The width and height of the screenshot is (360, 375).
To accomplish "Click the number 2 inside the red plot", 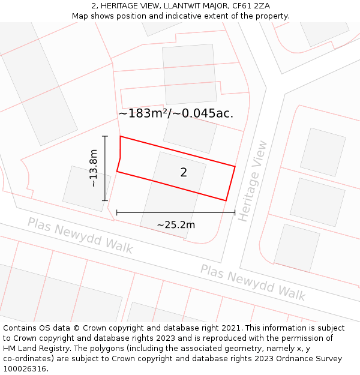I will pyautogui.click(x=184, y=173).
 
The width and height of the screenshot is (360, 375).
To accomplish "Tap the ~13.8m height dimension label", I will pyautogui.click(x=93, y=169).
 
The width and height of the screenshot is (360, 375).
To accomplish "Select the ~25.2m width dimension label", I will pyautogui.click(x=176, y=225).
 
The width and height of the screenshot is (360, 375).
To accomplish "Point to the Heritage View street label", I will pyautogui.click(x=252, y=181).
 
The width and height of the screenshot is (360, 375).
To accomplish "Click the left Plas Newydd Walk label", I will pyautogui.click(x=80, y=235).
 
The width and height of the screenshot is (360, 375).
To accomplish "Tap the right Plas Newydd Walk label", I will pyautogui.click(x=253, y=282).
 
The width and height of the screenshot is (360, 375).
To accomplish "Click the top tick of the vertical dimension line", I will pyautogui.click(x=105, y=136).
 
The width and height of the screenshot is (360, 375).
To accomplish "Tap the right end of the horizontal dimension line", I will pyautogui.click(x=235, y=212).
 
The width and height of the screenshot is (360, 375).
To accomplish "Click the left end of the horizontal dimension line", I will pyautogui.click(x=117, y=212).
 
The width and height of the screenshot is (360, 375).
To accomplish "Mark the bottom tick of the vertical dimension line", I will pyautogui.click(x=105, y=200).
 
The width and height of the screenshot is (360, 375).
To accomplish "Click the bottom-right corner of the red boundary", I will pyautogui.click(x=226, y=200).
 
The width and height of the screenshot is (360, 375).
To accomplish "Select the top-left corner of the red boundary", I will pyautogui.click(x=121, y=137).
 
